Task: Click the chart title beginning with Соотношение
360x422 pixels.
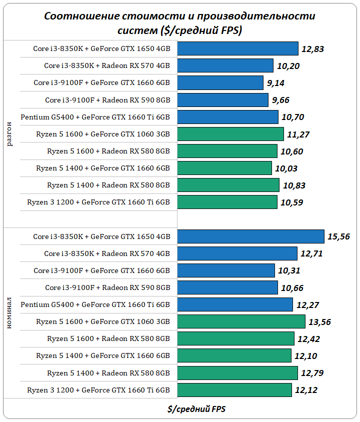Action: tap(180, 23)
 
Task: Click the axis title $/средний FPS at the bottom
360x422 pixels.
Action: tap(196, 408)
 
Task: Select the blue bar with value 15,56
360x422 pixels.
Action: tap(251, 236)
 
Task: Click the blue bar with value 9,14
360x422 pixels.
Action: tap(220, 83)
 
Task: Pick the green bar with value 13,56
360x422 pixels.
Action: tap(241, 321)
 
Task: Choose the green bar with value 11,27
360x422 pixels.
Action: tap(230, 134)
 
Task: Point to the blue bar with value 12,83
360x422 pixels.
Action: tap(238, 48)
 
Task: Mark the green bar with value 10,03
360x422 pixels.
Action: tap(225, 168)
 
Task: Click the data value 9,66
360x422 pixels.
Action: tap(281, 100)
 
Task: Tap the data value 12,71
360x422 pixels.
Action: tap(311, 253)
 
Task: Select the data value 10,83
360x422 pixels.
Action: tap(294, 185)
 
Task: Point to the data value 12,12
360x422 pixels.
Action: tap(306, 390)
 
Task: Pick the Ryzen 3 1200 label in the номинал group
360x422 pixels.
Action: tap(98, 390)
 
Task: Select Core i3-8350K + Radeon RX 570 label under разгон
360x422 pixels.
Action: tap(107, 65)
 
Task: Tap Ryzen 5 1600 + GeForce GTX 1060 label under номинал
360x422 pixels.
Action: tap(103, 321)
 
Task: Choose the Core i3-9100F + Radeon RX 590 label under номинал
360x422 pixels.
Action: tap(107, 287)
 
